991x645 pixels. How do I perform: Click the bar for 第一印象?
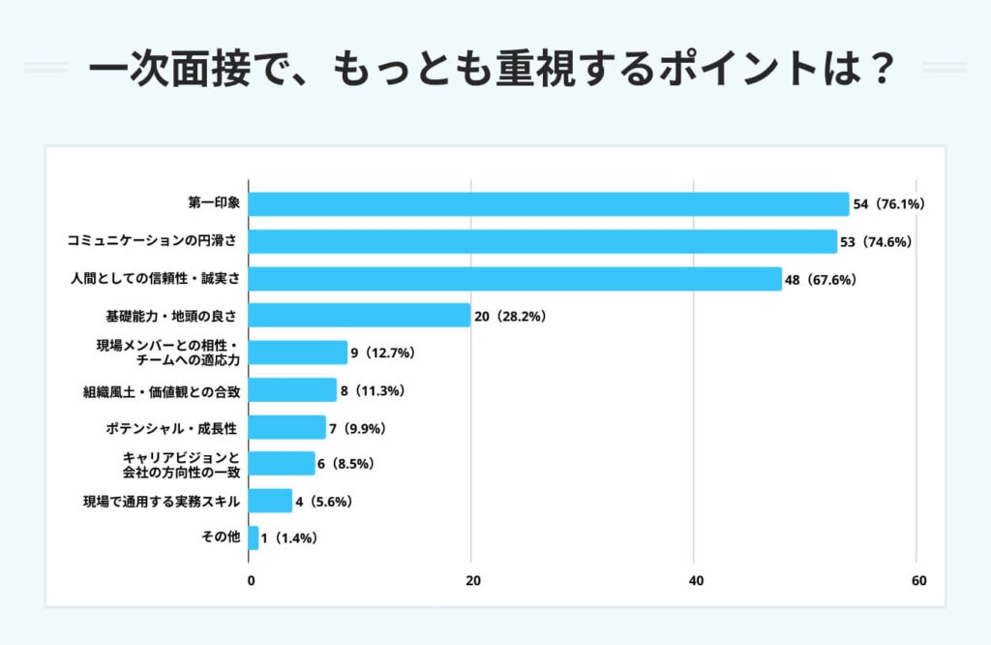tap(549, 204)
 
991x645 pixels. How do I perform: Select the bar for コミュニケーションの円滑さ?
tap(543, 241)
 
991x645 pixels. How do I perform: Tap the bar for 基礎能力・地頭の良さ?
tap(360, 316)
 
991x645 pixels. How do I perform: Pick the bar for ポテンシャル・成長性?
tap(287, 427)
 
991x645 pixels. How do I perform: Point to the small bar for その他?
tap(254, 537)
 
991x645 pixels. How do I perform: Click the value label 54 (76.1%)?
tap(890, 204)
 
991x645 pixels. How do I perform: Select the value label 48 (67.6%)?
tap(821, 279)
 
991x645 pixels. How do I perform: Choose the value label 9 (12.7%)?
tap(383, 353)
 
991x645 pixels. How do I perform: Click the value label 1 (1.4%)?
tap(289, 537)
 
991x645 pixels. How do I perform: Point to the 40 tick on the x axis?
tap(695, 581)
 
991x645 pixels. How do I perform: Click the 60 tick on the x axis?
tap(918, 581)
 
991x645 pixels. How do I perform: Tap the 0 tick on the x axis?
tap(251, 581)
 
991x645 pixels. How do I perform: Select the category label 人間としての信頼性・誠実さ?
tap(155, 279)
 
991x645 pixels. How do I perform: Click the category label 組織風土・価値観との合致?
tap(161, 391)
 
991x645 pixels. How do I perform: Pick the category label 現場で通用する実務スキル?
tap(161, 502)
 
